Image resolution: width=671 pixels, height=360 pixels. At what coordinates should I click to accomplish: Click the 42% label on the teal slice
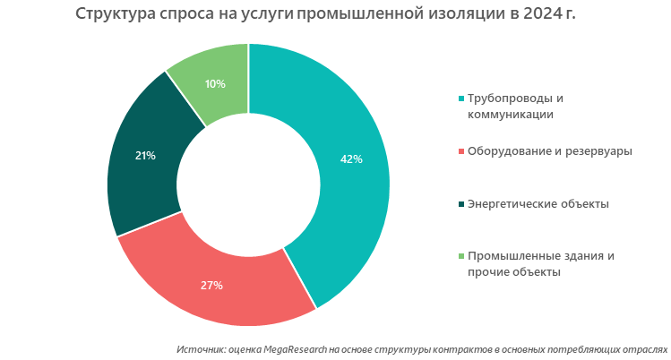pyautogui.click(x=351, y=159)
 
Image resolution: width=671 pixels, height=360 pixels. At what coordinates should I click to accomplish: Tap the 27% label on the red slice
pyautogui.click(x=211, y=286)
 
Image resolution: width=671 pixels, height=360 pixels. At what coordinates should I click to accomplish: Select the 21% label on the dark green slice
pyautogui.click(x=145, y=156)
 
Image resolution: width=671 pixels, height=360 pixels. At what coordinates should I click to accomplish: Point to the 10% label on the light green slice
pyautogui.click(x=215, y=83)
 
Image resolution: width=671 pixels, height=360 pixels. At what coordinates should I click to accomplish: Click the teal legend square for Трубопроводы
pyautogui.click(x=461, y=99)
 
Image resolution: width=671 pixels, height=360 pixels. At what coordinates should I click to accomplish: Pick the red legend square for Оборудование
pyautogui.click(x=461, y=151)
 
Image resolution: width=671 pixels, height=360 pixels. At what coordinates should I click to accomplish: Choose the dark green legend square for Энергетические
pyautogui.click(x=461, y=204)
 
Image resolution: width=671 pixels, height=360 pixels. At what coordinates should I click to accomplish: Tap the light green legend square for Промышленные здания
pyautogui.click(x=461, y=257)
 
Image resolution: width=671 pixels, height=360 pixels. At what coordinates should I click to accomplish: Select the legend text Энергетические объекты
pyautogui.click(x=538, y=203)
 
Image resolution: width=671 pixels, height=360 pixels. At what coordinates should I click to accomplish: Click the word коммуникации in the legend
pyautogui.click(x=510, y=115)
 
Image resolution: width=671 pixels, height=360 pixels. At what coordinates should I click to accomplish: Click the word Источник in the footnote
pyautogui.click(x=202, y=348)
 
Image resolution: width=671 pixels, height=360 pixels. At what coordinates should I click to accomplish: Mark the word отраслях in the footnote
pyautogui.click(x=646, y=348)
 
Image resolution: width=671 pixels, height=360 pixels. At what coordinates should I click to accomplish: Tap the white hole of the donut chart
pyautogui.click(x=249, y=184)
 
